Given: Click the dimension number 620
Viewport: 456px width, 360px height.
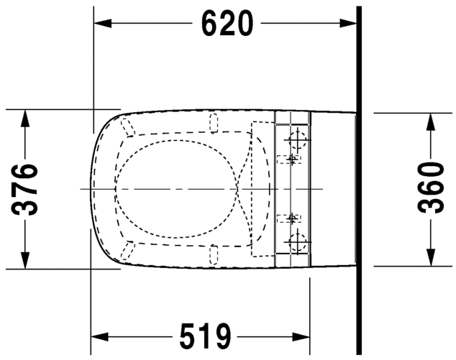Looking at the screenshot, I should point(227,24).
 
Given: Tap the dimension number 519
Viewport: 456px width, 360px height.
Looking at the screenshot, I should point(204,336).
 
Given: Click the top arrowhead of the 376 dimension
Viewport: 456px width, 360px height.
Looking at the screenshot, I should point(26,117).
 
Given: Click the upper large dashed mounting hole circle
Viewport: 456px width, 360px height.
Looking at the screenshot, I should point(296,137).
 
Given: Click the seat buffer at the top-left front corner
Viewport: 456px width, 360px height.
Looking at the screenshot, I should point(128,128).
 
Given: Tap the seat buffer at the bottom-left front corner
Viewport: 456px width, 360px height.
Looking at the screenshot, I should point(128,250).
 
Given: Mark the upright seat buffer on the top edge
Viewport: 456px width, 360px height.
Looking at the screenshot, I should point(212,123).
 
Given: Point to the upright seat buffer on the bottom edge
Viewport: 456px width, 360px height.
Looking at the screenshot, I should point(212,254).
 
